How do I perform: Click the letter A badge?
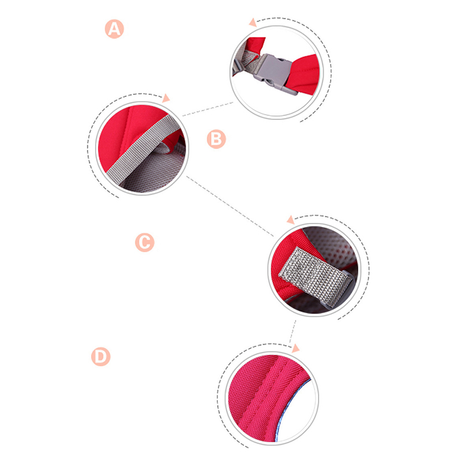(x=114, y=29)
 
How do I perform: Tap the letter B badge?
(x=217, y=139)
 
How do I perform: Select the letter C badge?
(x=145, y=242)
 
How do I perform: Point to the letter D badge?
(x=101, y=357)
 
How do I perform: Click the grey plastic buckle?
(x=275, y=73)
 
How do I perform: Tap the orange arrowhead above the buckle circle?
(x=252, y=22)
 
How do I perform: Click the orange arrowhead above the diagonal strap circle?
(x=166, y=98)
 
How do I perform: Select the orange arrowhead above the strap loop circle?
(x=291, y=220)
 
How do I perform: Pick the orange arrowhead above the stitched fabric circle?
(x=296, y=348)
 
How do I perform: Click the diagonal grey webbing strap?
(x=143, y=149)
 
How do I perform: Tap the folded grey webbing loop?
(x=315, y=277)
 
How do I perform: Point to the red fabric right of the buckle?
(x=304, y=74)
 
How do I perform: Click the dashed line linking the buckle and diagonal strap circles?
(x=208, y=109)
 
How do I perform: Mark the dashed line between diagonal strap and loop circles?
(x=230, y=206)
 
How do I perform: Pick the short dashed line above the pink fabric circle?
(x=293, y=331)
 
